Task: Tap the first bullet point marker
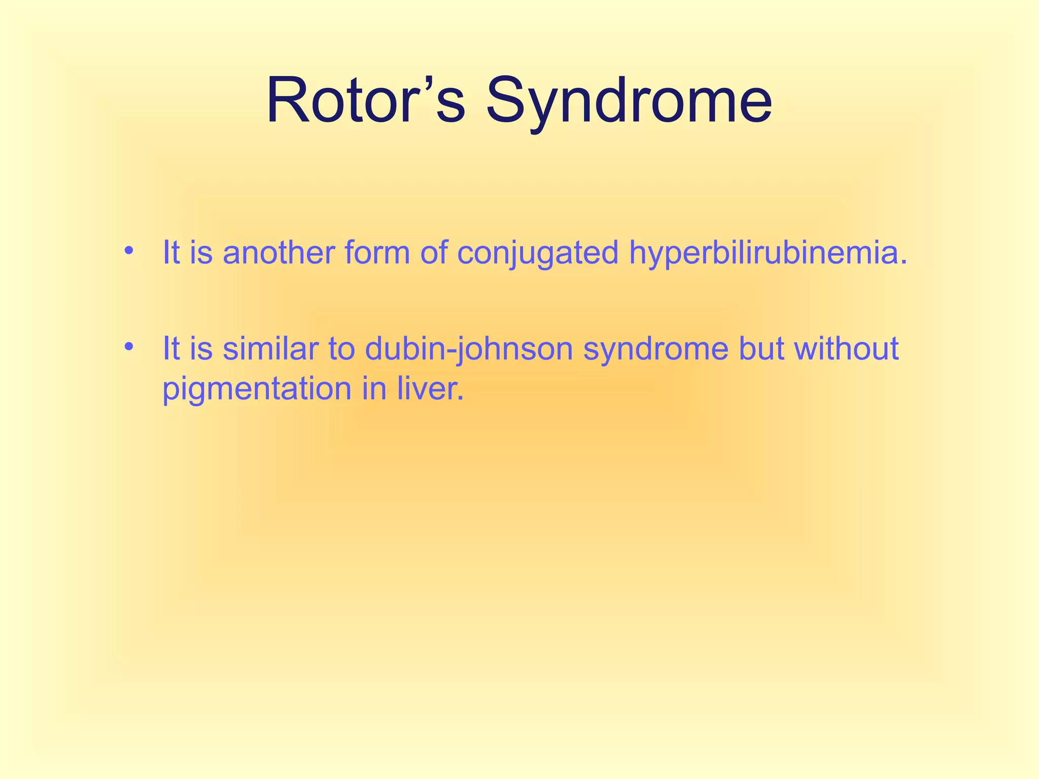[129, 251]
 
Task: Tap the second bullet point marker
[129, 347]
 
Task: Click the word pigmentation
[257, 389]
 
